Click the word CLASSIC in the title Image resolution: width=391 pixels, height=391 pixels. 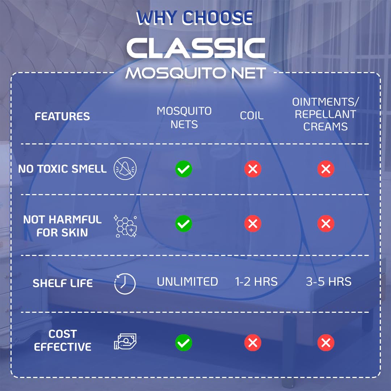pos(196,49)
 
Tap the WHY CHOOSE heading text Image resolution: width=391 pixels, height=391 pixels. pos(195,18)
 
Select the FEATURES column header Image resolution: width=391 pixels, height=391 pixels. pos(62,117)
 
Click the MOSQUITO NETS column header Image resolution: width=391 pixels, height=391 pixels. pos(184,118)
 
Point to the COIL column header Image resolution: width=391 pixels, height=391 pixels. pos(252,116)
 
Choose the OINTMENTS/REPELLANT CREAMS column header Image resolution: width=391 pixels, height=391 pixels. pos(325,114)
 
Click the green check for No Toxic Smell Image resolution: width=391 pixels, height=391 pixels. pos(184,169)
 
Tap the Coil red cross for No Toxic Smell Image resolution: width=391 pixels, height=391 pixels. pos(253,169)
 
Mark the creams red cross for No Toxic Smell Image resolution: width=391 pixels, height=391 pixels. pos(326,169)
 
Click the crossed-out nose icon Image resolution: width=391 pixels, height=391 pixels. pos(125,169)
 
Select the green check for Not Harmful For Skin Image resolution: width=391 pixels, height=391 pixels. pos(184,224)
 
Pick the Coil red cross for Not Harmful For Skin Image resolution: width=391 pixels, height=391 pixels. pos(253,224)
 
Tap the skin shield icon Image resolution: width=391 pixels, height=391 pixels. pos(125,226)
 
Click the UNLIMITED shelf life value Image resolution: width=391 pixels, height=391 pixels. pos(187,282)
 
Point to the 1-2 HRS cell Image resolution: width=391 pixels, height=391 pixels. pos(256,282)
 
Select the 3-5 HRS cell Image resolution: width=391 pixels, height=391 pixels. pos(329,282)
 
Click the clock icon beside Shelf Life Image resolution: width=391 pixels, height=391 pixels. pos(125,284)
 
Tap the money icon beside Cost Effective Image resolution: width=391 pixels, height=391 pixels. pos(125,341)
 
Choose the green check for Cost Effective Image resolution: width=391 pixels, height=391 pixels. pos(184,342)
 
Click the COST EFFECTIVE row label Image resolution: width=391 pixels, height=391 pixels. pos(63,340)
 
